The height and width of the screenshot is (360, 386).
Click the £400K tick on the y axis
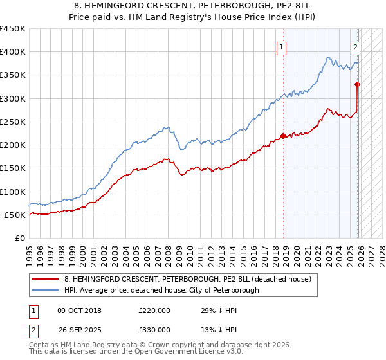coord(14,52)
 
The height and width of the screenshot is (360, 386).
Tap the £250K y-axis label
coord(14,122)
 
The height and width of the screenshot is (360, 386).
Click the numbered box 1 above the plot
coord(282,46)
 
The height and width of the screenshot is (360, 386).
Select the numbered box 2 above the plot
coord(356,46)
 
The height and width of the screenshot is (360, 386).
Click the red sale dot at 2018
coord(283,136)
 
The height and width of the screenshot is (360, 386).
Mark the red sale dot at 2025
coord(358,84)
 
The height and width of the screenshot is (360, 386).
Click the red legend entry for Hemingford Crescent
coord(188,279)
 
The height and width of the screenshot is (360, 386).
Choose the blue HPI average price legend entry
coord(161,291)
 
